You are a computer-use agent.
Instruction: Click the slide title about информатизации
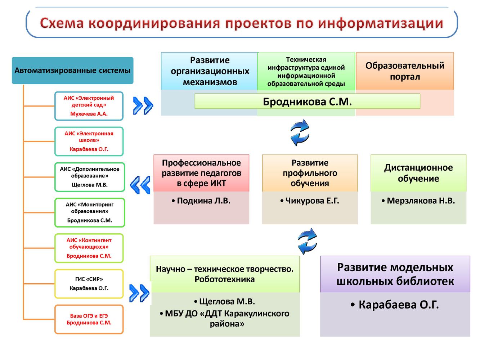pos(241,23)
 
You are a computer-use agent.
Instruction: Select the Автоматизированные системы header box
pos(72,71)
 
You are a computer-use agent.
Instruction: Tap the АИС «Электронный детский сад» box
pos(89,106)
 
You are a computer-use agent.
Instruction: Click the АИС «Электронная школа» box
pos(89,141)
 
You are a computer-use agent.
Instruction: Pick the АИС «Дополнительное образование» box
pos(89,177)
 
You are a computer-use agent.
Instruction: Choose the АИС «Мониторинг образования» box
pos(89,212)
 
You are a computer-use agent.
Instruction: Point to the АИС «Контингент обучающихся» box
pos(89,248)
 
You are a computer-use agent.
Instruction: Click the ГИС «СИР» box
pos(89,284)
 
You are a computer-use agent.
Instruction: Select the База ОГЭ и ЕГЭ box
pos(89,319)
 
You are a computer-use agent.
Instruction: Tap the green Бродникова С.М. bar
pos(307,102)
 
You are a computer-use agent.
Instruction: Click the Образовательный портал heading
pos(405,71)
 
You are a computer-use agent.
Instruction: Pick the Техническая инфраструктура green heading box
pos(306,72)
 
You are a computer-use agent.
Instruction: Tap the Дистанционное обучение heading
pos(418,173)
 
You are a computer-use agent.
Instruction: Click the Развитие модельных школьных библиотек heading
pos(395,274)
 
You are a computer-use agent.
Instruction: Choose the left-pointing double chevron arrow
pos(140,185)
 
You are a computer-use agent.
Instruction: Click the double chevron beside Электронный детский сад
pos(143,106)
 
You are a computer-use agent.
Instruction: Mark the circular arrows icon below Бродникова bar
pos(300,132)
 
